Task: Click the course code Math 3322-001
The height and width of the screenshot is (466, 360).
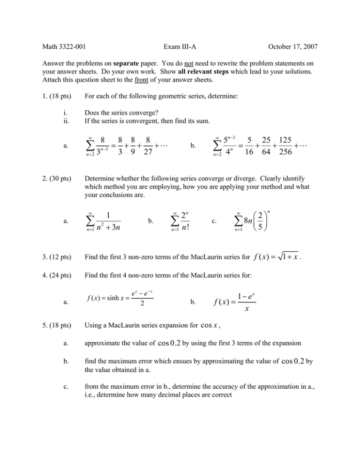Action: (x=59, y=46)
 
